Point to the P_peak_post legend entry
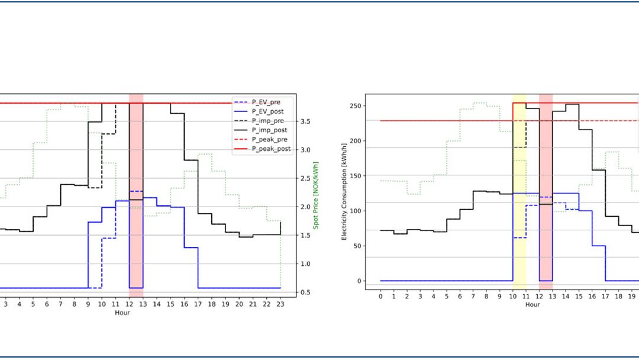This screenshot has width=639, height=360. point(270,149)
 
